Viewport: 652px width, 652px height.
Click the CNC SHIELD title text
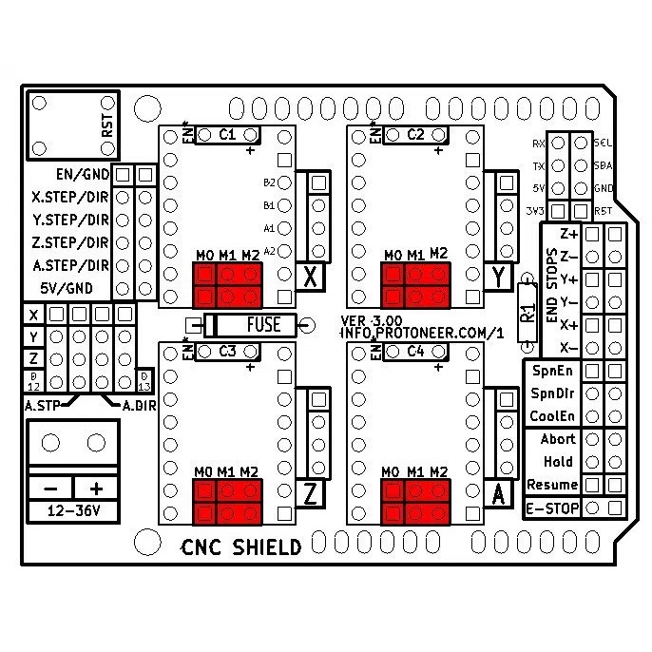tap(241, 547)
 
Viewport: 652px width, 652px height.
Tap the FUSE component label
tap(263, 325)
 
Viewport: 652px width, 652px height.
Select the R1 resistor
tap(528, 309)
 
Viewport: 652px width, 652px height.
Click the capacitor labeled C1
tap(227, 135)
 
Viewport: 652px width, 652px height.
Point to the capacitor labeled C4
tap(415, 351)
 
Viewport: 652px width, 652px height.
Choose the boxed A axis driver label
tap(500, 494)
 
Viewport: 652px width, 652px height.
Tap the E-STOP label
tap(552, 508)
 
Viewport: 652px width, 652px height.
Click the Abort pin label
tap(558, 439)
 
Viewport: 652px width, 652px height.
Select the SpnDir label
tap(553, 393)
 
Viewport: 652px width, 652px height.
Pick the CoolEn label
tap(553, 415)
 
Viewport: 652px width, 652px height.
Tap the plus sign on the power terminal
tap(96, 488)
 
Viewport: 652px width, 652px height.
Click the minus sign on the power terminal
tap(51, 488)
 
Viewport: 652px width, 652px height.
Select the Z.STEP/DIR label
tap(69, 242)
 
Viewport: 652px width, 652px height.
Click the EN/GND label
tap(83, 175)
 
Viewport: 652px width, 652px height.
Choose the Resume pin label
tap(552, 485)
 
